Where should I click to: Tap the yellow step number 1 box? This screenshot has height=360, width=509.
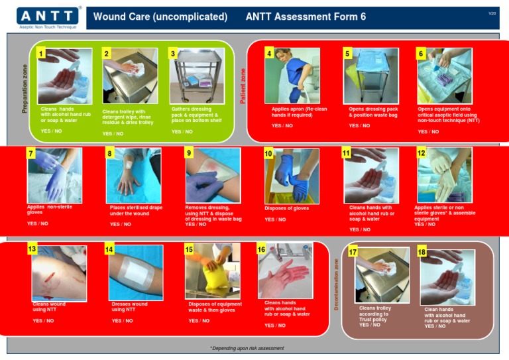click(x=41, y=53)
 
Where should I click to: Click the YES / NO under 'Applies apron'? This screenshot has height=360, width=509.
click(x=282, y=125)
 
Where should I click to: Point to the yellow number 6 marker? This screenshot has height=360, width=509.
click(x=420, y=53)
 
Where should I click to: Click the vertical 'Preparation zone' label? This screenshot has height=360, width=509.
click(x=25, y=88)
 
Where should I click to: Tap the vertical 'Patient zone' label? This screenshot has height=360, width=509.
click(x=243, y=87)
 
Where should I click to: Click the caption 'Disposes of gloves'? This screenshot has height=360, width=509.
click(x=287, y=208)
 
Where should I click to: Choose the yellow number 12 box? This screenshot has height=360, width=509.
click(x=422, y=153)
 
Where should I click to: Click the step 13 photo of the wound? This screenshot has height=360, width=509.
click(x=59, y=273)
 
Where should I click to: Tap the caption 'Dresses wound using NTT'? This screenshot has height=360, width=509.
click(x=130, y=307)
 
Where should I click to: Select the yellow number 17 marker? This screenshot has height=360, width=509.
click(x=353, y=252)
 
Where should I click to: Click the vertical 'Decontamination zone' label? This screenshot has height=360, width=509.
click(x=337, y=284)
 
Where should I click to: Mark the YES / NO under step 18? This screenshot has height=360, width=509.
click(x=435, y=326)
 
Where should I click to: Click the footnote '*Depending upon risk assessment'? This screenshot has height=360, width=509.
click(x=247, y=347)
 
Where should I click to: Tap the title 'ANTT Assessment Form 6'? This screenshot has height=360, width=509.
click(x=306, y=17)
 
